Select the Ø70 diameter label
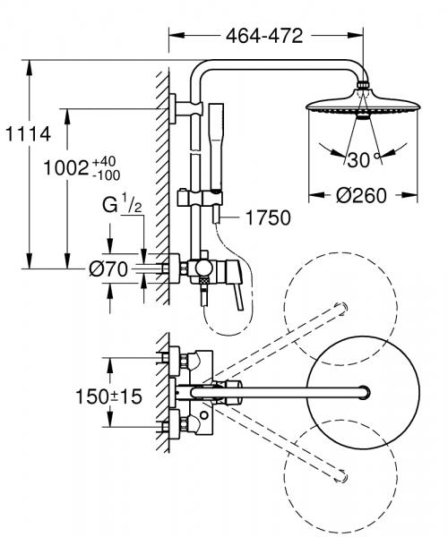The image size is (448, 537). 112,268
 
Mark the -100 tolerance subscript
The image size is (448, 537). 108,174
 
